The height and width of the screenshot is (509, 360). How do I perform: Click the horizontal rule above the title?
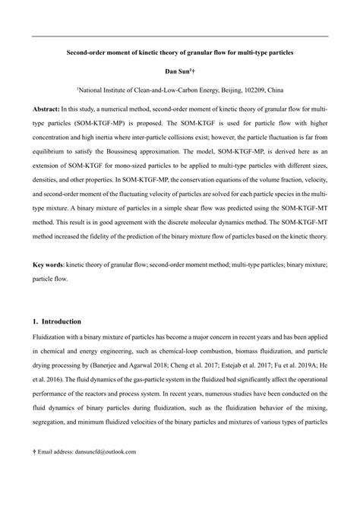point(179,36)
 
